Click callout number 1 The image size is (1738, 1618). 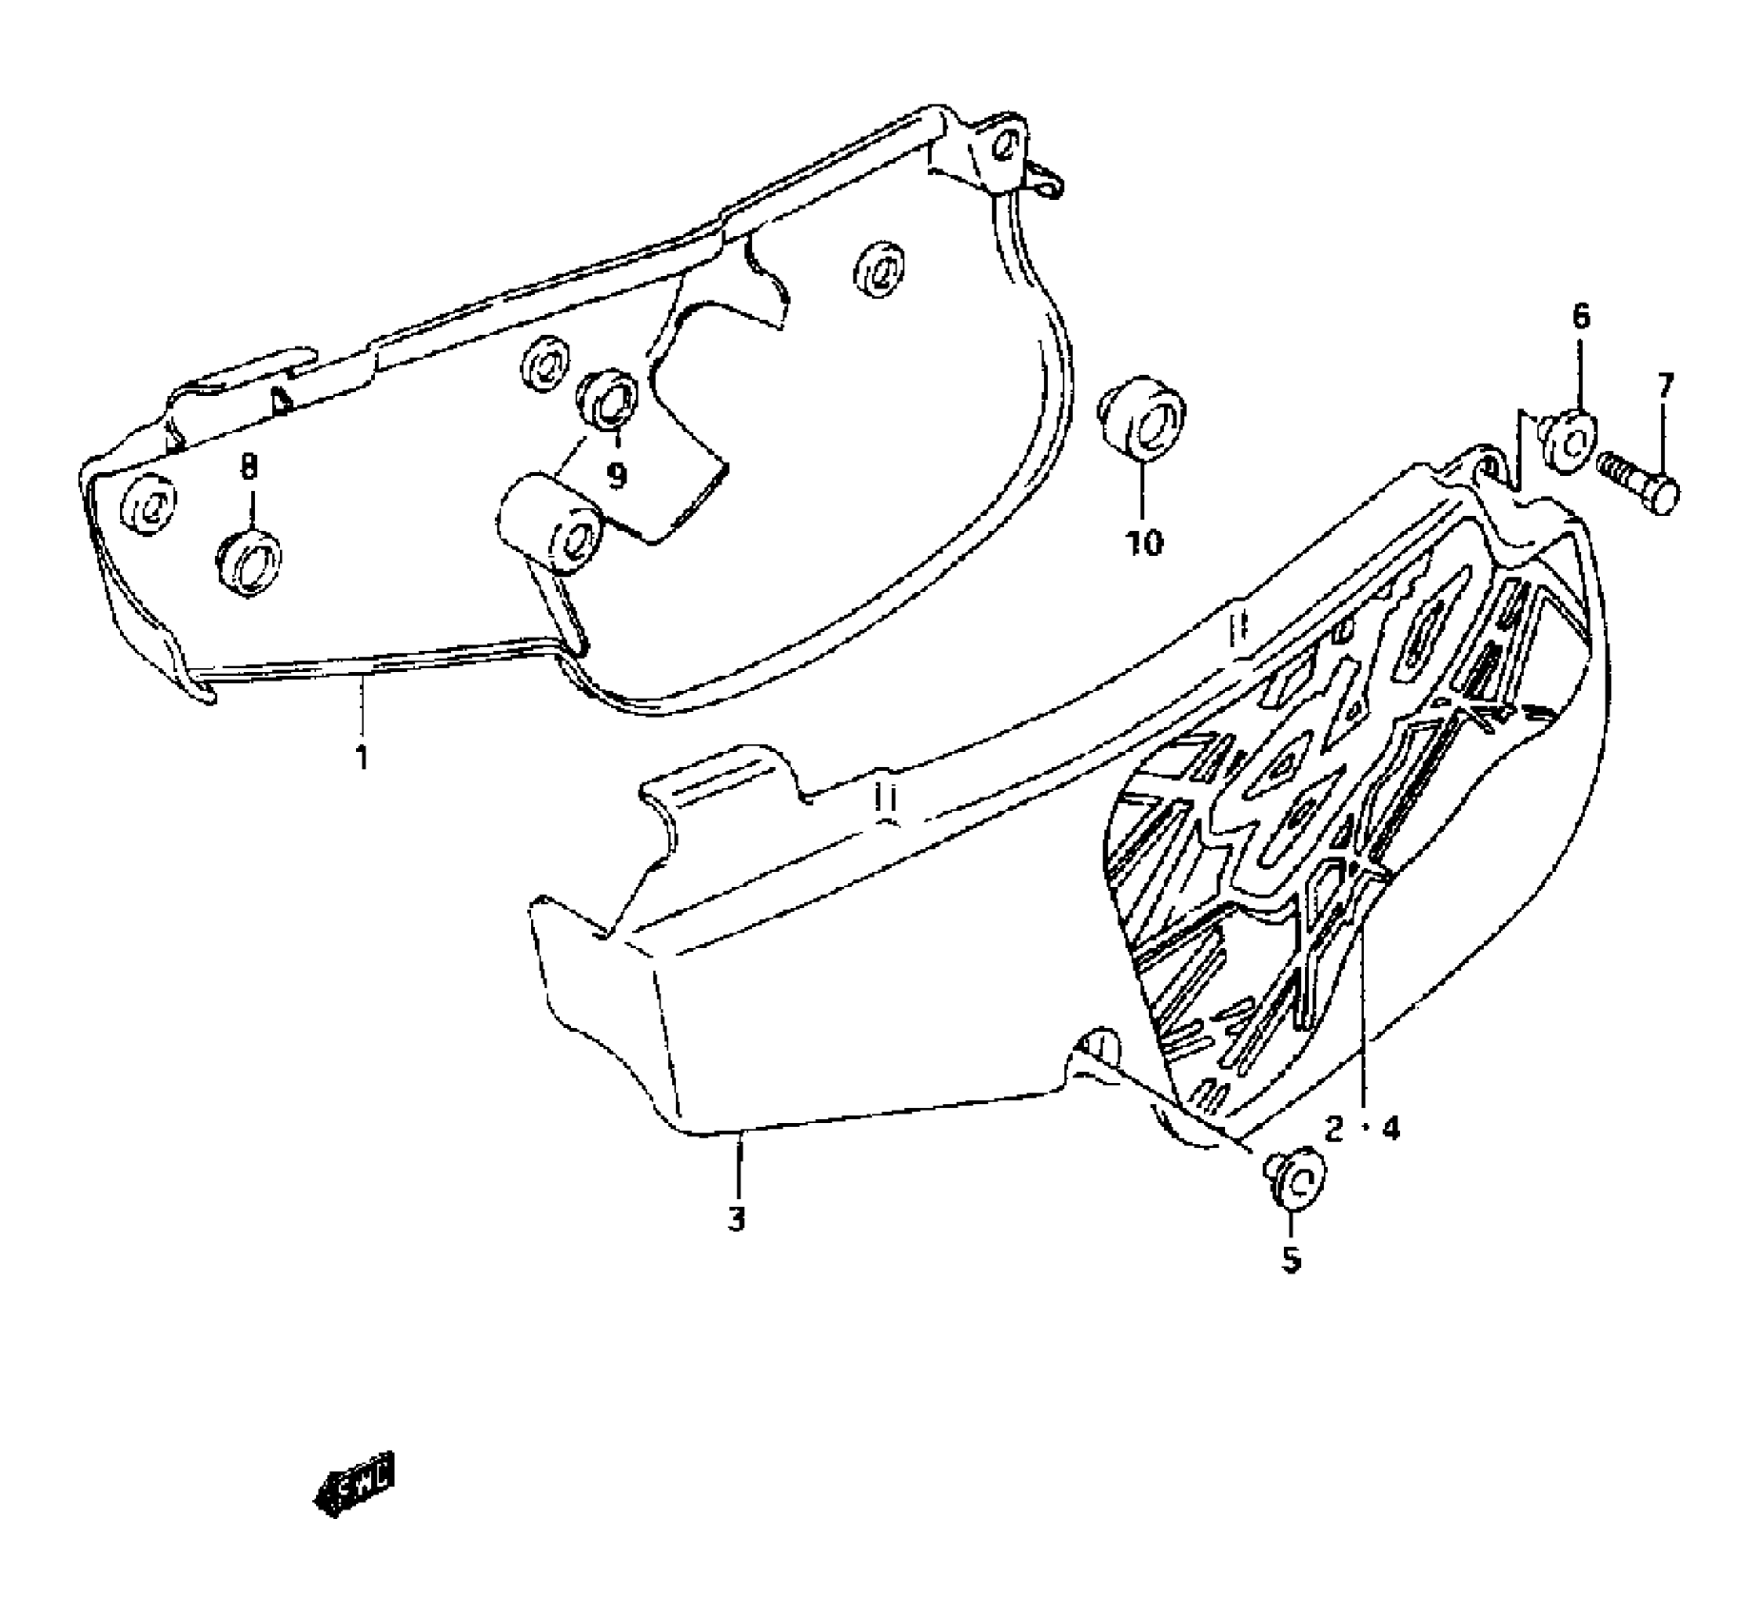[x=361, y=759]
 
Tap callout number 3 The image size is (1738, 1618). [x=737, y=1219]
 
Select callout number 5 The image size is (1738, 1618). [x=1291, y=1259]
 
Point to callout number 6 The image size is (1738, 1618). [x=1580, y=316]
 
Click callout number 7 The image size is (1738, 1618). [x=1665, y=385]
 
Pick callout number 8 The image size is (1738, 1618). [x=248, y=466]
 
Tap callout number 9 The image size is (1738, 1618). [x=617, y=474]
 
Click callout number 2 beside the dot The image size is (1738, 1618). [x=1333, y=1130]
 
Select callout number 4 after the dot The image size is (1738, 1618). [x=1391, y=1130]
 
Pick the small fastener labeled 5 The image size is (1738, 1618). [x=1293, y=1176]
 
